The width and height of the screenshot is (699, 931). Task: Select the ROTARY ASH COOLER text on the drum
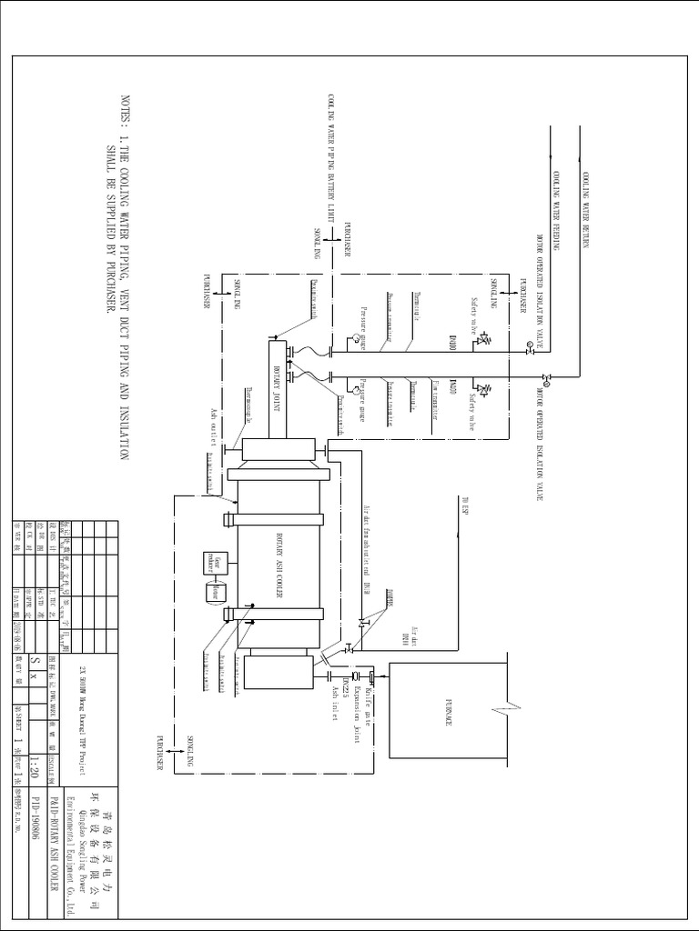[x=280, y=562]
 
